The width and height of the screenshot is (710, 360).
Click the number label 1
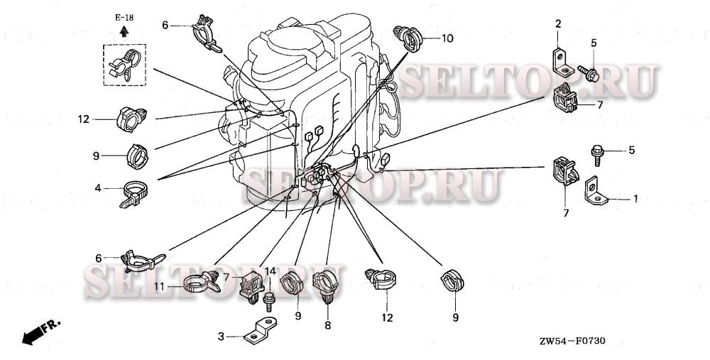pyautogui.click(x=635, y=199)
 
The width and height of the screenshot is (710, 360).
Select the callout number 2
pyautogui.click(x=558, y=25)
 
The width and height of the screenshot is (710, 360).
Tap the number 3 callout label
pyautogui.click(x=221, y=337)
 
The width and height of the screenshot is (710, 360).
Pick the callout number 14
pyautogui.click(x=270, y=271)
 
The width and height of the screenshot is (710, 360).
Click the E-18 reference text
pyautogui.click(x=124, y=16)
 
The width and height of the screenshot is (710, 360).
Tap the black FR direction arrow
pyautogui.click(x=32, y=334)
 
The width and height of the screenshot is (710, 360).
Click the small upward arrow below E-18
pyautogui.click(x=124, y=31)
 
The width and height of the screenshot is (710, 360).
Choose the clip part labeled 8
pyautogui.click(x=327, y=288)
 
